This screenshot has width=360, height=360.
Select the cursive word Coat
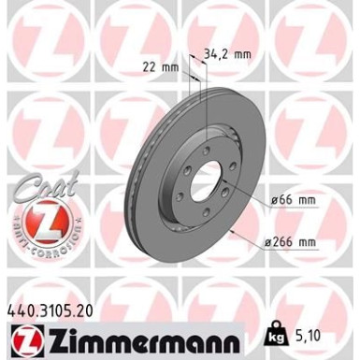(x=36, y=190)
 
